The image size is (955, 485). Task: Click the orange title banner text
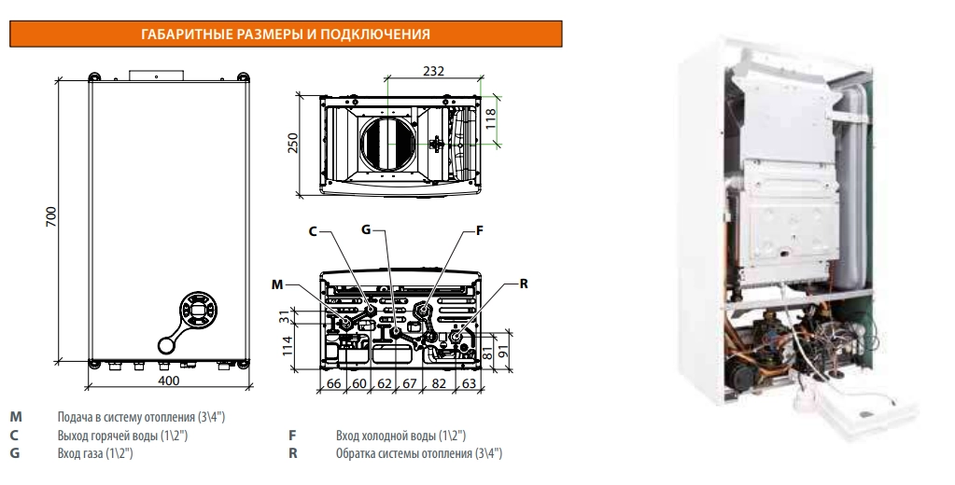point(285,35)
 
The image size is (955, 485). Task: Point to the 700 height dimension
point(51,216)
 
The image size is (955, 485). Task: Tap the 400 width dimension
point(169,381)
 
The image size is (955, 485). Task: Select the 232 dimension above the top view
point(434,71)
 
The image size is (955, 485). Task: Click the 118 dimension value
point(491,119)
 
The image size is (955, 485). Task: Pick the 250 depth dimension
point(293,143)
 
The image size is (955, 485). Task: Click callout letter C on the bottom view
point(313,232)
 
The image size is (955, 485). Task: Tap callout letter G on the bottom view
point(366,229)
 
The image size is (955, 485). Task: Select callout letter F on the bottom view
point(479,230)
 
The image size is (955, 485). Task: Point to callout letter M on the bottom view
point(278,284)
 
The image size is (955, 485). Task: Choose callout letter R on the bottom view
point(524,284)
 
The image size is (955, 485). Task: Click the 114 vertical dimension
point(288,345)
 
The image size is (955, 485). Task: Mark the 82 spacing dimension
point(439,383)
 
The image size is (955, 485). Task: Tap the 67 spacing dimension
point(409,383)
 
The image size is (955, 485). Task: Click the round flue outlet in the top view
point(388,143)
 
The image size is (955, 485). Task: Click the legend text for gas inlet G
point(95,453)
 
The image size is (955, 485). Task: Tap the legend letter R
point(293,453)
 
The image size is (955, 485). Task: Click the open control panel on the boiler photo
point(856,405)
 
